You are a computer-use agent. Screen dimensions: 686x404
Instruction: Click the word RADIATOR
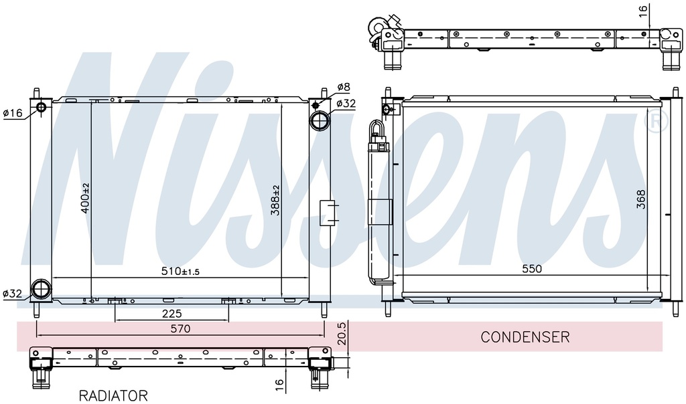(x=113, y=396)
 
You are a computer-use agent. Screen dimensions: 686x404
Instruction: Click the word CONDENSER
(x=525, y=336)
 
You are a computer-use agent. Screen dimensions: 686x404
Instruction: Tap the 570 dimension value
(x=180, y=328)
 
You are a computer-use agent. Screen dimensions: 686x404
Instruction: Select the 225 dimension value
(x=171, y=313)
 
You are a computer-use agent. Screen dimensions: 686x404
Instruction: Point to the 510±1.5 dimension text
(x=180, y=271)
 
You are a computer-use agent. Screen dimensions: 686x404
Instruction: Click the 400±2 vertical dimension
(x=85, y=198)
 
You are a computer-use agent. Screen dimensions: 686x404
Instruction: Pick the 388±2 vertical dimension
(x=275, y=201)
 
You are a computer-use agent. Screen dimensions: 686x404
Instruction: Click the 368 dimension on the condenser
(x=640, y=199)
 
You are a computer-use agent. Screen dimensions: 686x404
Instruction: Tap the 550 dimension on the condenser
(x=532, y=269)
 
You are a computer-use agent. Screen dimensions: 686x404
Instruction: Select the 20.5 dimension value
(x=342, y=333)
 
